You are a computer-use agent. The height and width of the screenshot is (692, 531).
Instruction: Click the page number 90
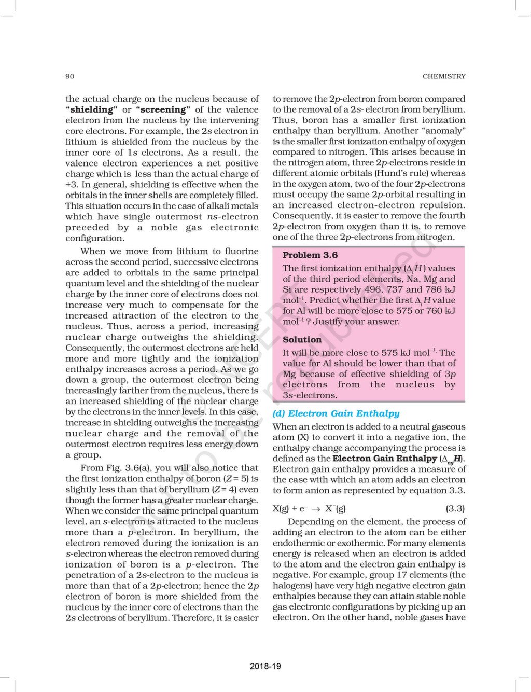coord(69,76)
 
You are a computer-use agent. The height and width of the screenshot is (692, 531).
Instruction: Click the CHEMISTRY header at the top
coord(444,76)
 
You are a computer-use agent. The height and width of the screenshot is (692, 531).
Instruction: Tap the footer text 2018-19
coord(265,666)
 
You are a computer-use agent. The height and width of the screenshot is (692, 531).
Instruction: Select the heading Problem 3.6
coord(310,255)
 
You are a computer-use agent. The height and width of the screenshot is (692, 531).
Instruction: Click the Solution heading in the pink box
coord(302,339)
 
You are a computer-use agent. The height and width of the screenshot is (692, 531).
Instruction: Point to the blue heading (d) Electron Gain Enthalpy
coord(336,413)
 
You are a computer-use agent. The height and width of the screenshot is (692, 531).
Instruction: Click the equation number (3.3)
coord(455,508)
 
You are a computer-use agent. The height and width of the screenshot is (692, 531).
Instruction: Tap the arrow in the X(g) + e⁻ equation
coord(314,509)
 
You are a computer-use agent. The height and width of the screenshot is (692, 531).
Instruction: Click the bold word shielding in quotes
coord(91,109)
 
